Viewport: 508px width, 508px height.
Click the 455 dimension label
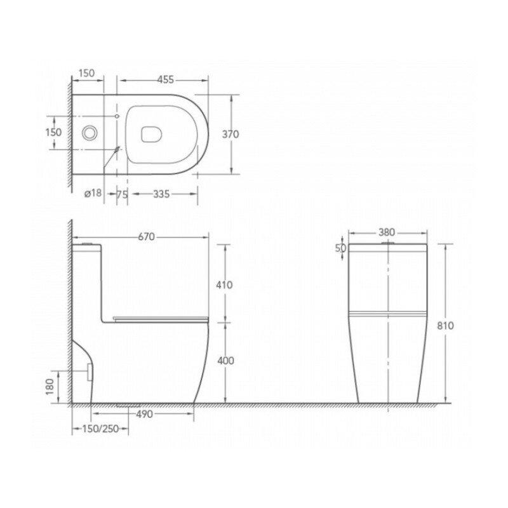tap(166, 79)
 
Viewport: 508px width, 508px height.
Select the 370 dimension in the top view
tap(231, 134)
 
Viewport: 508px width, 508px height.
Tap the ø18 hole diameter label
tap(93, 193)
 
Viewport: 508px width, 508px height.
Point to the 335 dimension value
tap(161, 194)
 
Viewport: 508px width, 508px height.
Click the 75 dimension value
tap(122, 194)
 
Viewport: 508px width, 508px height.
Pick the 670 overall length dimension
tap(147, 237)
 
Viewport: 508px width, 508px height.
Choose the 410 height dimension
tap(224, 284)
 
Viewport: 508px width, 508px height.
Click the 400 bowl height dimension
tap(225, 361)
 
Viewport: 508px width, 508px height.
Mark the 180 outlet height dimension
tap(50, 387)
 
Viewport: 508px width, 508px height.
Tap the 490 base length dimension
tap(144, 414)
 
